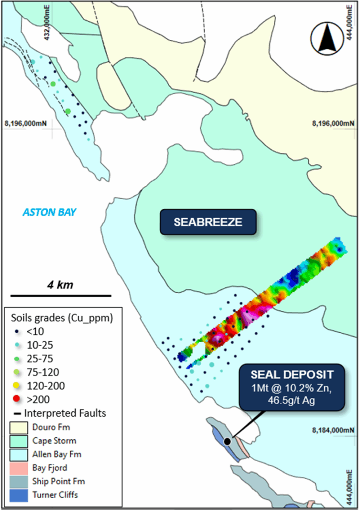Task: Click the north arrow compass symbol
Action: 327,40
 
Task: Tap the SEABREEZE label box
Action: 208,222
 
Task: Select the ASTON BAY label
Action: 49,212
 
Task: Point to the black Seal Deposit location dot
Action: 228,441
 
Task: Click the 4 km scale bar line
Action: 60,295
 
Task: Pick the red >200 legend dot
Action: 17,399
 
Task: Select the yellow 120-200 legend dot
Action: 17,385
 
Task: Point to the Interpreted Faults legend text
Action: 65,413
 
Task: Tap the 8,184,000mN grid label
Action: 334,429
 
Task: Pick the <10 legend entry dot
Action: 17,331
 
